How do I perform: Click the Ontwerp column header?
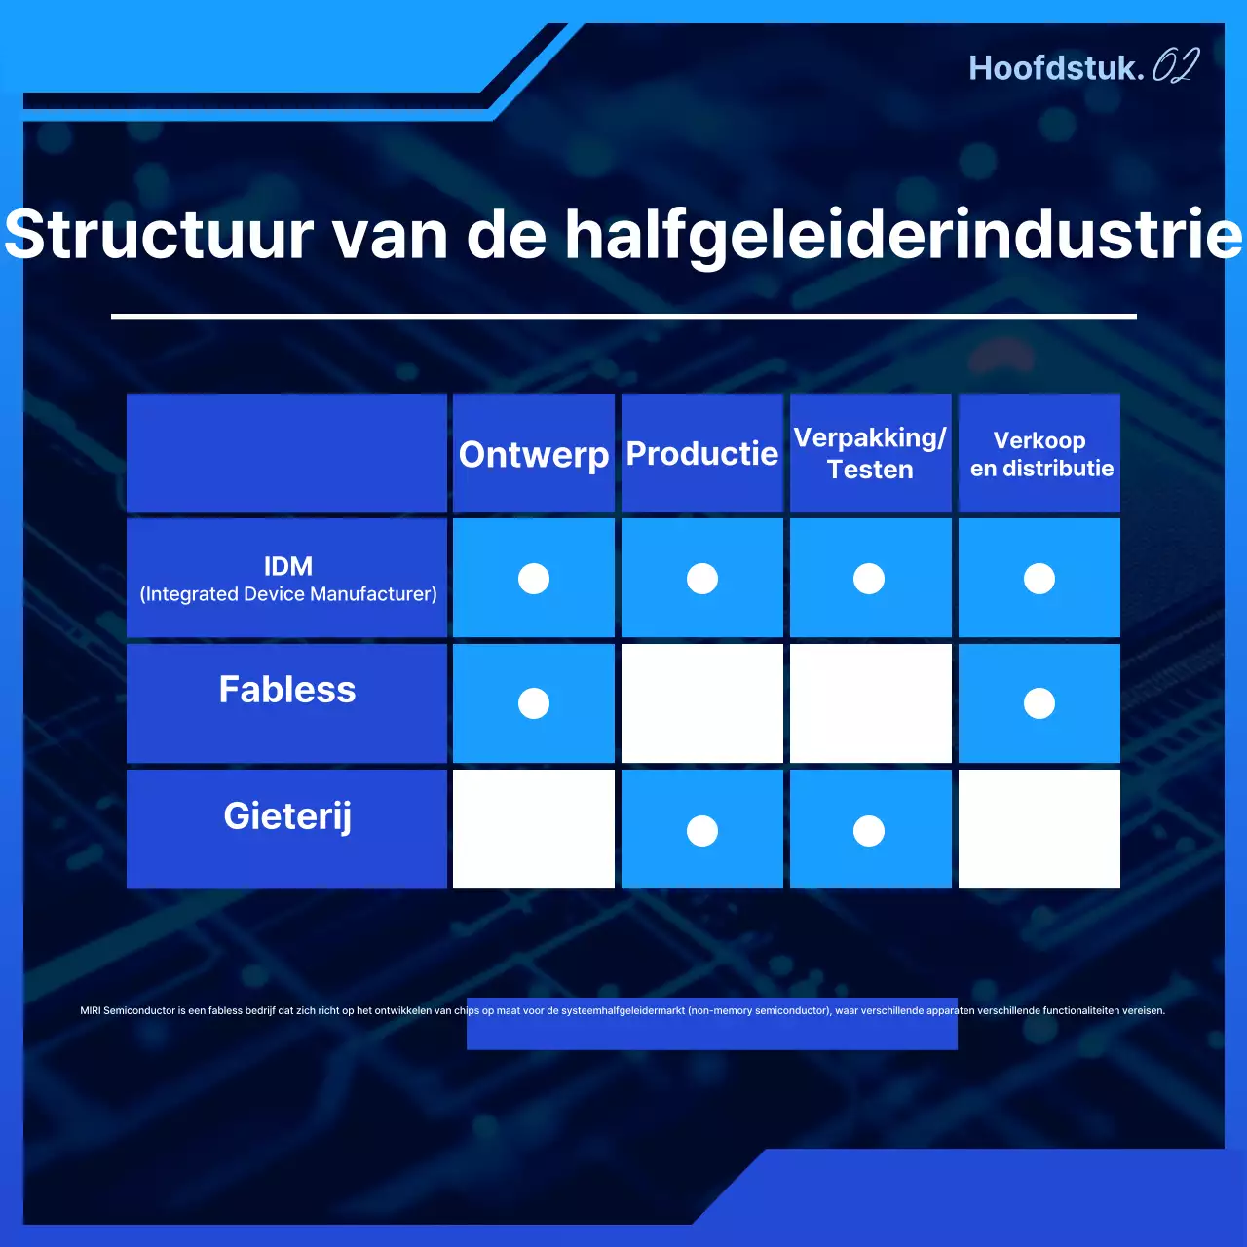click(534, 454)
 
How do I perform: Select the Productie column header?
click(701, 454)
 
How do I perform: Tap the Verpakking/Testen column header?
click(870, 454)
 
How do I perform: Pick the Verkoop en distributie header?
click(1040, 454)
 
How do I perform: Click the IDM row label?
click(287, 579)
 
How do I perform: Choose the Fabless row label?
click(287, 690)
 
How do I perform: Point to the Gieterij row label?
click(287, 815)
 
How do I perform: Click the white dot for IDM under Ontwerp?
click(534, 579)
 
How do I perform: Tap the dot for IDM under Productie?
click(702, 579)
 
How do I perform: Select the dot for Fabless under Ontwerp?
click(534, 703)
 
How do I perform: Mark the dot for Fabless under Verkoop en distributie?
click(1039, 703)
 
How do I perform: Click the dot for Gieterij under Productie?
click(702, 831)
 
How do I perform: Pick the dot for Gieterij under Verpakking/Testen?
click(869, 831)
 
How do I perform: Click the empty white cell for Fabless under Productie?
click(702, 703)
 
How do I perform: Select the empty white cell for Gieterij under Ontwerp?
click(534, 829)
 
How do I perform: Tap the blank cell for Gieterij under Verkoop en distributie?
click(1039, 829)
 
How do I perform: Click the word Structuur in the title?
click(160, 235)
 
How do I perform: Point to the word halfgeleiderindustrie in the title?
click(903, 235)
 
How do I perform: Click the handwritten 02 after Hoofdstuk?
click(1176, 66)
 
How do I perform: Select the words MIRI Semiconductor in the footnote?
click(128, 1010)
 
